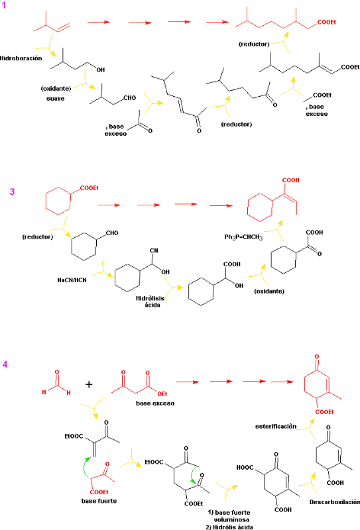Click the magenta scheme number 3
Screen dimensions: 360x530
pos(12,191)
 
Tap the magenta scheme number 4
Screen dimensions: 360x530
pos(5,364)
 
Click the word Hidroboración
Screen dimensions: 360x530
pos(21,58)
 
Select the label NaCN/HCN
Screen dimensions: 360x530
pos(72,280)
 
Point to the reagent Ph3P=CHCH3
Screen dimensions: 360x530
pos(243,237)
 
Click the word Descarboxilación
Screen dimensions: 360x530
pos(335,502)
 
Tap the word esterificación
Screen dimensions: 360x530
pos(276,427)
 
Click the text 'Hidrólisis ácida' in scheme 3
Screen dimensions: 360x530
pos(151,301)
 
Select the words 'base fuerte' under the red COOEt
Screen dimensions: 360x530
pos(99,501)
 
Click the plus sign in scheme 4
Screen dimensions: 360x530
pos(89,384)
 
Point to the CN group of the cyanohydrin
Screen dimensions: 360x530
pos(154,250)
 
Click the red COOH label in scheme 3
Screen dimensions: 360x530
pos(290,180)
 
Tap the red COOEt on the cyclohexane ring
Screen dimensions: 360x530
pos(90,188)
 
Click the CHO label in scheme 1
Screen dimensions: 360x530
pos(129,97)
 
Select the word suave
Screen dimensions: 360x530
pos(56,99)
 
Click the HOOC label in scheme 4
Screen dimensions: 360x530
pos(245,468)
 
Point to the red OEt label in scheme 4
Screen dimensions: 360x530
pos(162,394)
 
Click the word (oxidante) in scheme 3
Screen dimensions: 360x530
pos(269,291)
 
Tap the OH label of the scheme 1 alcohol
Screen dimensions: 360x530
pos(101,70)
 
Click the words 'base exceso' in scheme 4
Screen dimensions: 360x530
pos(155,403)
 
